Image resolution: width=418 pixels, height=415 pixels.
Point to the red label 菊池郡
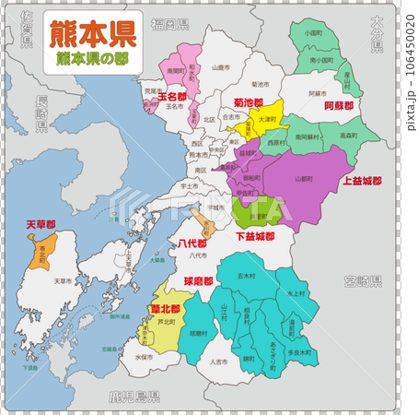point(248,102)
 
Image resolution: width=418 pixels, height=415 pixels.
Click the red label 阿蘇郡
point(339,108)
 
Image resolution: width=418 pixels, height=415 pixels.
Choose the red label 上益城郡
point(362,181)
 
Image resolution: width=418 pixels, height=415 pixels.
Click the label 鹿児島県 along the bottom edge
point(134,397)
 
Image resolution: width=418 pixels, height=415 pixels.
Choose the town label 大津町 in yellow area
point(266,120)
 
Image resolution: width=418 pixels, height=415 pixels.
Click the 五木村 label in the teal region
point(247,275)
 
